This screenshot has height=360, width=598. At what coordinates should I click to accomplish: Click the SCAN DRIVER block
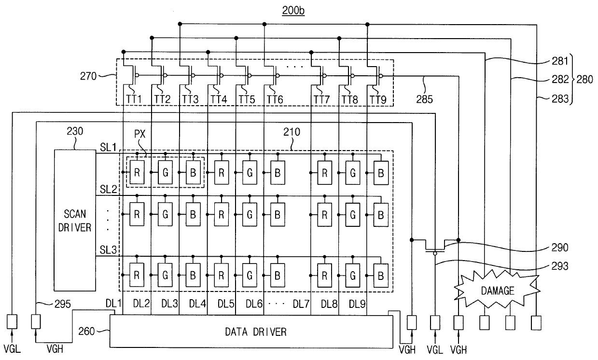75,220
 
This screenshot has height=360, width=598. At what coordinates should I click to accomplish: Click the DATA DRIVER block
251,332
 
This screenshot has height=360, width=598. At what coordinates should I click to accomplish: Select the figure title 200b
293,11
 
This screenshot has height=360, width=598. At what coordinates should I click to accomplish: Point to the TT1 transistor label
134,99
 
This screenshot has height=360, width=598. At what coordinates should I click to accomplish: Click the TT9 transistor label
378,100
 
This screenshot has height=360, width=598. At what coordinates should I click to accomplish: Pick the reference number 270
88,76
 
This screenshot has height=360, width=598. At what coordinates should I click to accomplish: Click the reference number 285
424,99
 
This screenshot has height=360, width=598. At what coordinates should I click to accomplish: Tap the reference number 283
560,99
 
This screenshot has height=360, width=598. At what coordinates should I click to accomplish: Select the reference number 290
560,248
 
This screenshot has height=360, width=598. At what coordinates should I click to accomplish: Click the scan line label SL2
109,189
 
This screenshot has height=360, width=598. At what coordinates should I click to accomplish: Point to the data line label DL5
225,304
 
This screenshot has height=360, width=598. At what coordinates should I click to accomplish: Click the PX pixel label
139,134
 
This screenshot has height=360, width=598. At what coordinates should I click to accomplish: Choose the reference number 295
62,304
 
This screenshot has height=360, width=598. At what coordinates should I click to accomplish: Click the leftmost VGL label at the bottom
12,349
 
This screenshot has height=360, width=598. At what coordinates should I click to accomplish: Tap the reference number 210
292,132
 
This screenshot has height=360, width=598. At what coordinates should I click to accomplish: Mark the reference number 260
86,331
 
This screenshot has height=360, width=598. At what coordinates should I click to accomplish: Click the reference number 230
75,131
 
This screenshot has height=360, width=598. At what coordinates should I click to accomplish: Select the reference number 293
560,266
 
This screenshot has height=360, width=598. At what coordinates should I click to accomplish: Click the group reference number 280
584,79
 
